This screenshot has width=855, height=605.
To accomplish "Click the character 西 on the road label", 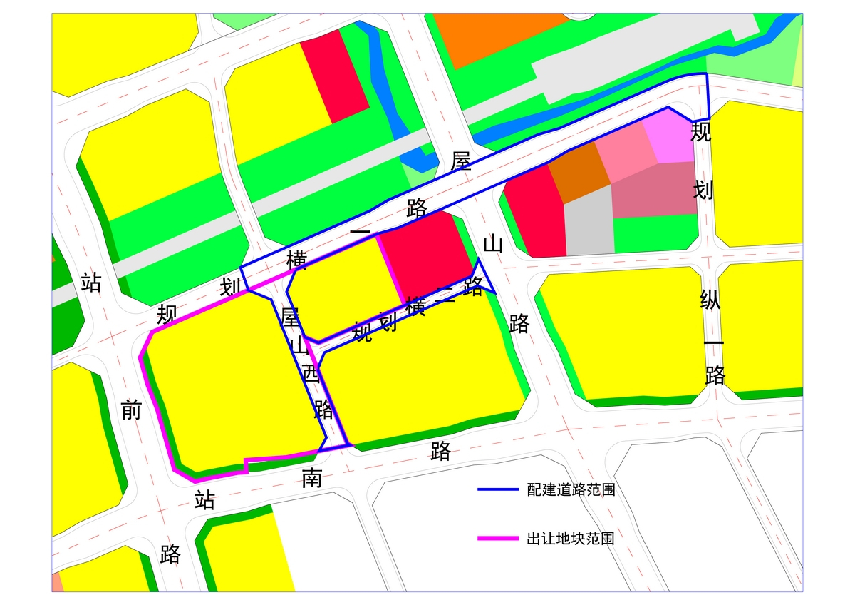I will click(x=311, y=373).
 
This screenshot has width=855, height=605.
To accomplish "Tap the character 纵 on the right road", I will click(x=710, y=300).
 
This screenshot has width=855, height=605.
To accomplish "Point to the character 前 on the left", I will click(x=131, y=410).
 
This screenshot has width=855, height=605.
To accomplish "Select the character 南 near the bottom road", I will click(x=311, y=478).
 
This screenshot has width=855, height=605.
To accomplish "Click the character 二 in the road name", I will click(x=445, y=295).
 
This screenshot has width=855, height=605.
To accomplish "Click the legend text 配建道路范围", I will click(x=571, y=490).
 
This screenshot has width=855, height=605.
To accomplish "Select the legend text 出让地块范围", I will click(x=571, y=539).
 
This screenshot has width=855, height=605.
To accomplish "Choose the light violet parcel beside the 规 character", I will click(x=670, y=139).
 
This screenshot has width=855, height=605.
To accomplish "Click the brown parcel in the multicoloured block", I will click(x=579, y=171).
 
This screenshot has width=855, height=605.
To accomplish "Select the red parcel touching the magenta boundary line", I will click(x=426, y=253).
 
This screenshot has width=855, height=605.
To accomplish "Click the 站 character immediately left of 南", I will click(x=204, y=500).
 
